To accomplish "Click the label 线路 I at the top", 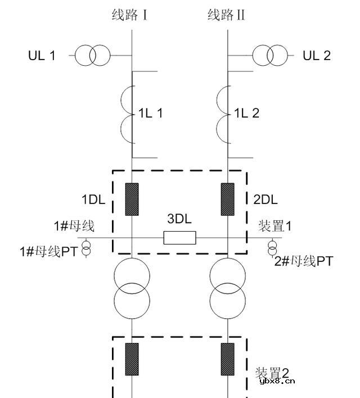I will [129, 15].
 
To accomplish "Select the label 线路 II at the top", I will [226, 15].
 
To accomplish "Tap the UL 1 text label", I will [42, 56].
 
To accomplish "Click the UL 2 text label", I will [317, 56].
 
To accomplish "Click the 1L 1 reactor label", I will [151, 114].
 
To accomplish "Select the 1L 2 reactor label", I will [247, 114].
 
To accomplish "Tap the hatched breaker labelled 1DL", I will [132, 200].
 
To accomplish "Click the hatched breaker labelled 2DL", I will [228, 200].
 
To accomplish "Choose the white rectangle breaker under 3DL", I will [179, 238].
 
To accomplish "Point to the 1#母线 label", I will [74, 227].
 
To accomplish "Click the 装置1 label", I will [274, 227].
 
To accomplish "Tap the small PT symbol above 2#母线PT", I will [272, 247].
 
